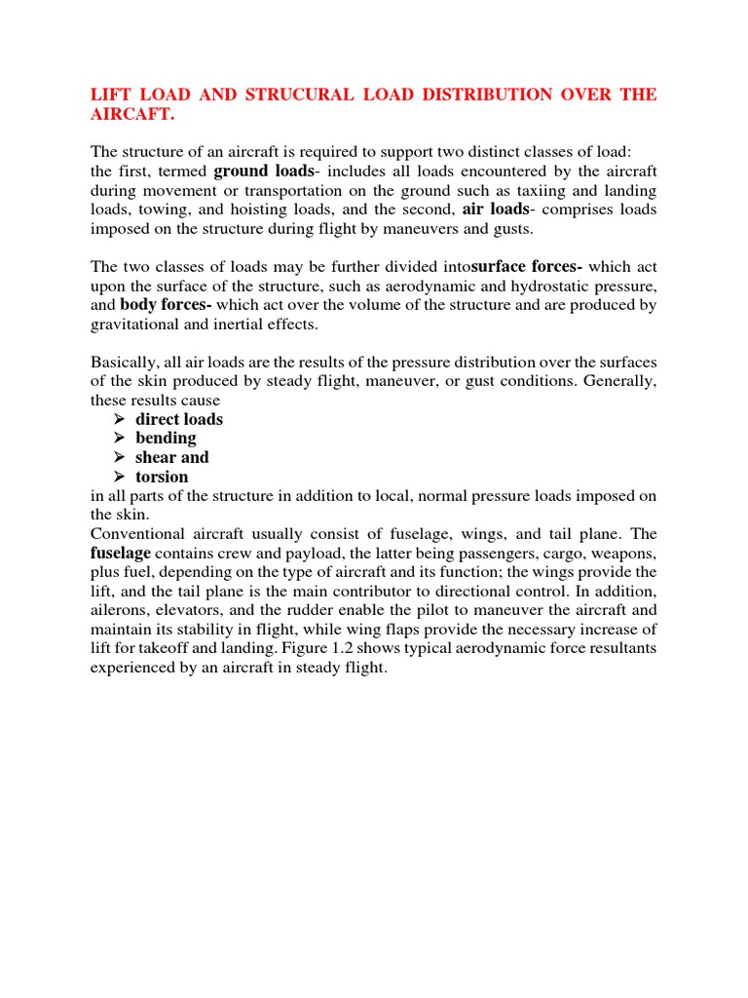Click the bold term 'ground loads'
(x=257, y=171)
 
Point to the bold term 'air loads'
(x=494, y=209)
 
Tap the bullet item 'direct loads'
(x=179, y=419)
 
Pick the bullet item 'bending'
(x=166, y=438)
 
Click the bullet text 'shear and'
(x=172, y=457)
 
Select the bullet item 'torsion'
(x=162, y=477)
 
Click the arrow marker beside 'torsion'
(x=119, y=477)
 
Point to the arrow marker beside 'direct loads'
(x=119, y=419)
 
